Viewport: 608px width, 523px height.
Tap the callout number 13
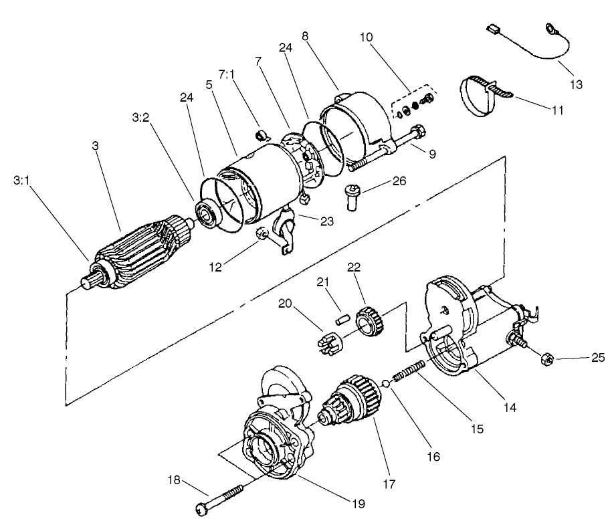click(577, 84)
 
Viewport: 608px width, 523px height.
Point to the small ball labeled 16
click(386, 384)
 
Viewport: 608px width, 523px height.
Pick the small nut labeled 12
click(264, 233)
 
